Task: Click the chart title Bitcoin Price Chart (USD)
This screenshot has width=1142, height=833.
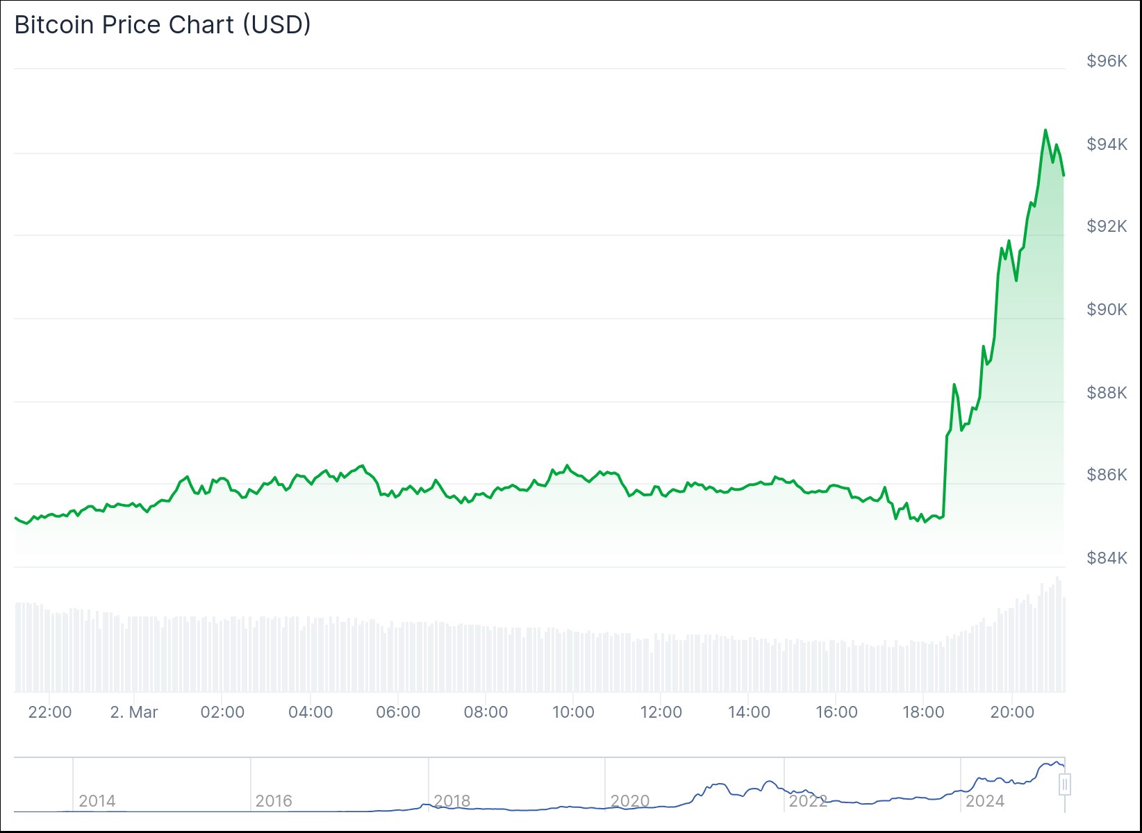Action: pyautogui.click(x=163, y=25)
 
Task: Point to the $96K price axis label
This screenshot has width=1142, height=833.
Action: pyautogui.click(x=1107, y=61)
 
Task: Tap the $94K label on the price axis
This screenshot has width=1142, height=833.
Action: pyautogui.click(x=1107, y=144)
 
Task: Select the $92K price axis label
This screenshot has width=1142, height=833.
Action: pyautogui.click(x=1107, y=226)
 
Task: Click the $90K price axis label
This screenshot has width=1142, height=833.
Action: pyautogui.click(x=1107, y=310)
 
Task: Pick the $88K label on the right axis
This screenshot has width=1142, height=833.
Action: pyautogui.click(x=1107, y=393)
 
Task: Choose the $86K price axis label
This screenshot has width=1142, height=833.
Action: pyautogui.click(x=1107, y=475)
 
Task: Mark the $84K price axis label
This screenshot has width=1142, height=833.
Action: pyautogui.click(x=1107, y=558)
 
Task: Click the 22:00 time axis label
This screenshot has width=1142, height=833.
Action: pyautogui.click(x=50, y=712)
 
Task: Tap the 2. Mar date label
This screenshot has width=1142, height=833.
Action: pyautogui.click(x=134, y=712)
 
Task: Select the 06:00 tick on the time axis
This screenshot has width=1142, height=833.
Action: pyautogui.click(x=398, y=712)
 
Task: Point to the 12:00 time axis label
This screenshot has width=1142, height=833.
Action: pyautogui.click(x=661, y=712)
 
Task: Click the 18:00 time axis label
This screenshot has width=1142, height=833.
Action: pyautogui.click(x=923, y=712)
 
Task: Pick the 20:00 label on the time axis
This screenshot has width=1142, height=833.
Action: pyautogui.click(x=1012, y=712)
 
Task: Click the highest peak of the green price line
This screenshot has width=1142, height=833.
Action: pyautogui.click(x=1045, y=130)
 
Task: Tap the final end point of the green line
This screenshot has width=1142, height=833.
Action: pyautogui.click(x=1064, y=175)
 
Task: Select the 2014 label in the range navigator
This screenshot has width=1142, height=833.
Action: pyautogui.click(x=97, y=801)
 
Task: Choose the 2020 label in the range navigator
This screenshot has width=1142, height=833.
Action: pyautogui.click(x=629, y=801)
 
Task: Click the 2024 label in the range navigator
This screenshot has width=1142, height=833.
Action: pyautogui.click(x=984, y=801)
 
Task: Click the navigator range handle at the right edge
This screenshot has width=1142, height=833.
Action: pyautogui.click(x=1065, y=784)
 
